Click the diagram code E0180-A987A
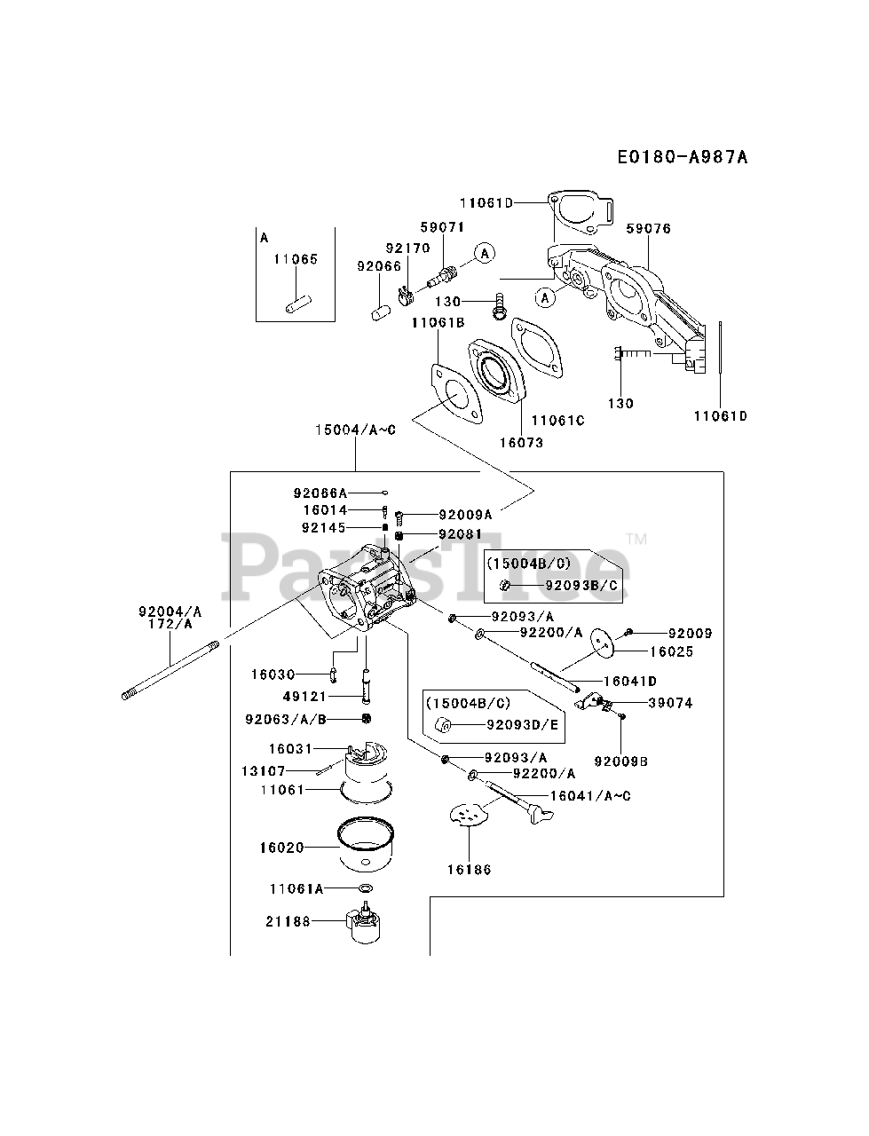click(683, 156)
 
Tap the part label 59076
click(648, 228)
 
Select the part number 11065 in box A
click(295, 259)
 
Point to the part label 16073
click(521, 443)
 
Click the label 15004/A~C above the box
click(355, 430)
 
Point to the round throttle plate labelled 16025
click(602, 643)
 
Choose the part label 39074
click(670, 703)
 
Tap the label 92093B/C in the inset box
click(581, 586)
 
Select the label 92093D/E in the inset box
click(522, 724)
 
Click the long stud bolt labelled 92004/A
click(170, 671)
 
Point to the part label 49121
click(304, 696)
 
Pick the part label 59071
click(442, 226)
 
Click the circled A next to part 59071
click(485, 253)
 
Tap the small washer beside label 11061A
click(366, 888)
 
